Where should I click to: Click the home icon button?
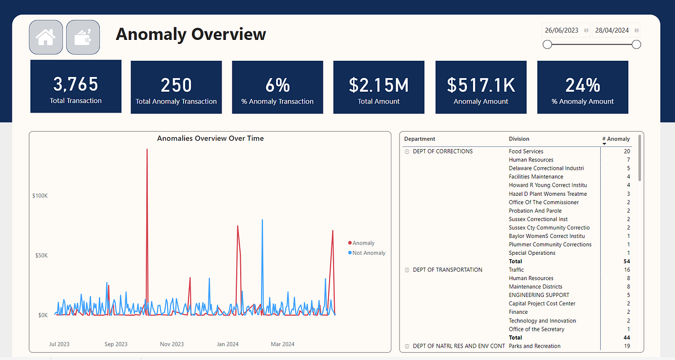(46, 38)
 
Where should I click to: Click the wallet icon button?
(83, 38)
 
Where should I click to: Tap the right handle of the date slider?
(636, 45)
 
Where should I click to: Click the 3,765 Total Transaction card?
(76, 87)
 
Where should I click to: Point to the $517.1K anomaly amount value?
(481, 85)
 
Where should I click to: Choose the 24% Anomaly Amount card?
(582, 87)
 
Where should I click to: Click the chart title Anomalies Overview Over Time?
(210, 138)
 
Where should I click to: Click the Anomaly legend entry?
(363, 243)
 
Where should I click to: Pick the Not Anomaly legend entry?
(368, 253)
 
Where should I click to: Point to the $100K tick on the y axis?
(39, 196)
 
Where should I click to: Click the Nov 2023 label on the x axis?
(172, 344)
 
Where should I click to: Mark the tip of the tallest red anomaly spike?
(147, 150)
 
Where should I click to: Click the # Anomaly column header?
(618, 139)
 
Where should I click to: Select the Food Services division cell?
(526, 151)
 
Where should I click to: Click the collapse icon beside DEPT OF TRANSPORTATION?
(407, 270)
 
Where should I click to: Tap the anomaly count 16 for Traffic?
(627, 270)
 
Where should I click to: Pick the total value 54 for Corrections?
(627, 262)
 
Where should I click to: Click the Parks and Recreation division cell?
(534, 346)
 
